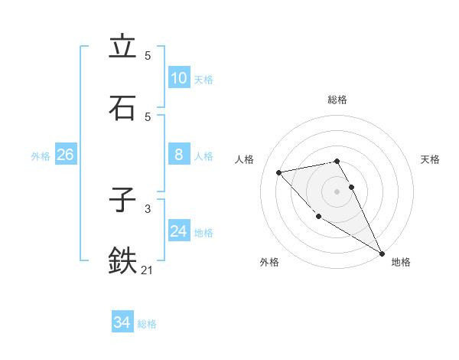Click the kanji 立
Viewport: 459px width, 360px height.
122,47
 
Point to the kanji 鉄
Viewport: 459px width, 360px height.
122,260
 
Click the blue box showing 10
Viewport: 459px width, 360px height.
178,78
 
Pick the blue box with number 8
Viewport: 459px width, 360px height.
178,155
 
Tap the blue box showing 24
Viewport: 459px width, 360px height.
178,231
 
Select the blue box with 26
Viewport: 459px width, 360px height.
65,155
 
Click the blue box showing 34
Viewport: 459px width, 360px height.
122,322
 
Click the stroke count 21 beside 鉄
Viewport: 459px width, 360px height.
148,270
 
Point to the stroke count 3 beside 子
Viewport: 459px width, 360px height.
148,208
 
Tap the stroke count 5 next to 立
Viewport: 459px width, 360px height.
148,56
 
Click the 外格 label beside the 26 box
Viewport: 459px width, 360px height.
41,156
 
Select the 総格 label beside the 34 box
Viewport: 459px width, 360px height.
147,324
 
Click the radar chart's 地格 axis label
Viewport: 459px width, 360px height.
401,262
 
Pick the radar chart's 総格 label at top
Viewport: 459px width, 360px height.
337,100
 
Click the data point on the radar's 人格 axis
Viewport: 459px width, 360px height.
279,172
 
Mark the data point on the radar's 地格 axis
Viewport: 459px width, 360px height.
382,253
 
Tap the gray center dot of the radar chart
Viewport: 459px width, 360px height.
337,191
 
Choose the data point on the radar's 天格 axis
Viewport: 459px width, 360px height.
352,187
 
